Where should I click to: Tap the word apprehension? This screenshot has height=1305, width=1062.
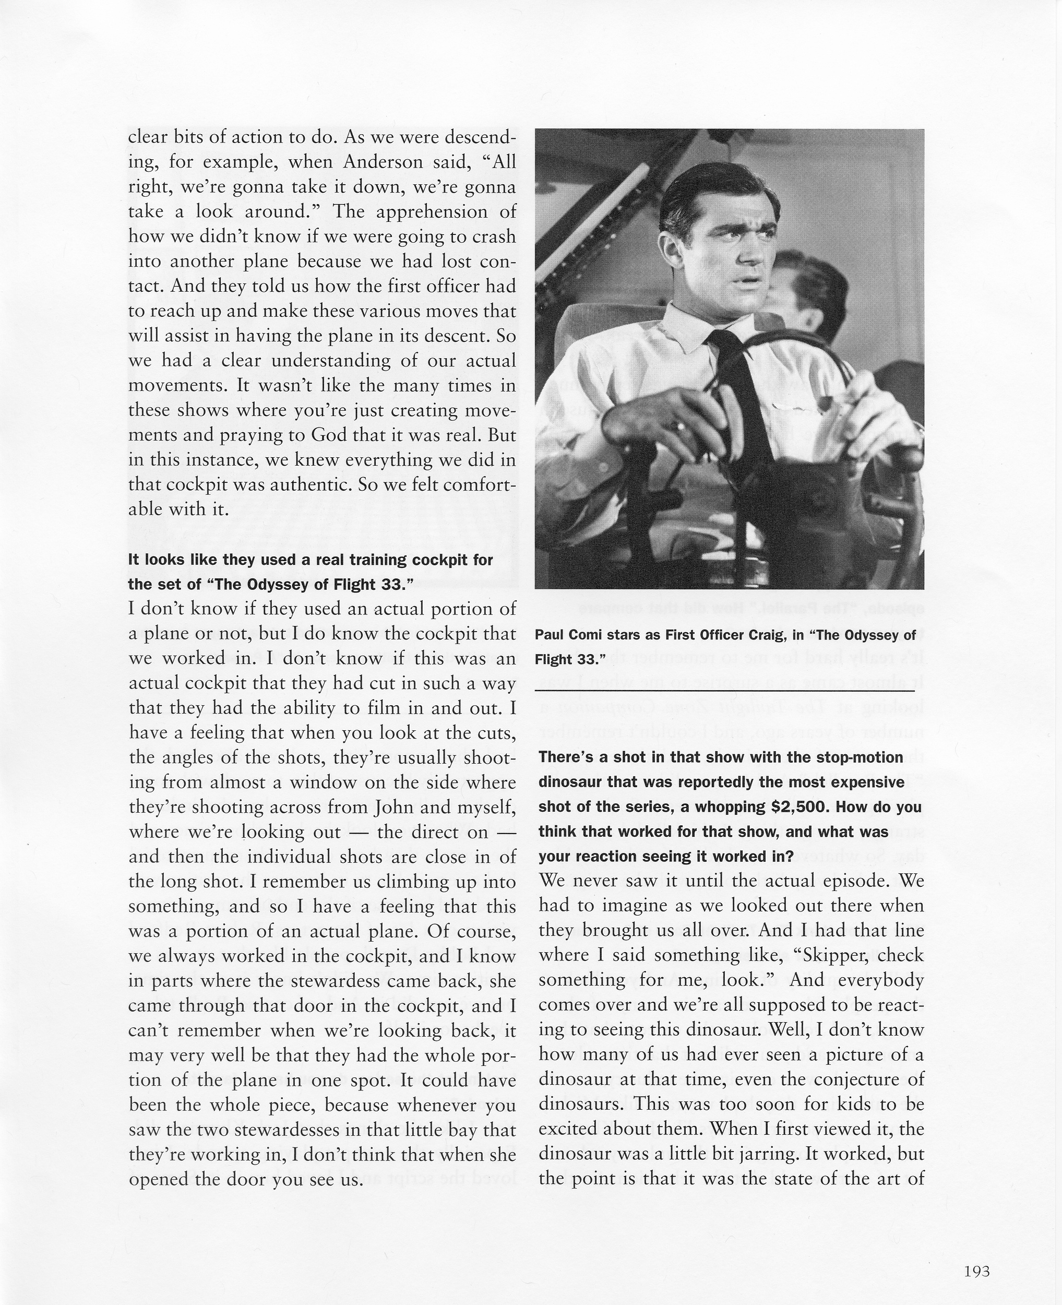coord(426,212)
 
